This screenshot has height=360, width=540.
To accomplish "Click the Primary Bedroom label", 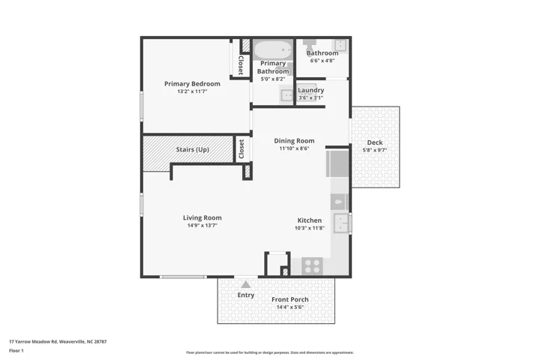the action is (x=192, y=84).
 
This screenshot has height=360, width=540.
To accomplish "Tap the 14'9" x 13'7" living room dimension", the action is (x=202, y=226).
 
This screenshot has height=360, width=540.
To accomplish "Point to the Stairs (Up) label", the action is (x=193, y=149).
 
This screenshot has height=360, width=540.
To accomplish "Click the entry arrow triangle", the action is (x=245, y=284).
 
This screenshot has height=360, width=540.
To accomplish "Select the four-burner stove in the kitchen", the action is (x=313, y=266).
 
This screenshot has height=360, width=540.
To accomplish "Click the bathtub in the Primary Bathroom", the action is (x=273, y=50).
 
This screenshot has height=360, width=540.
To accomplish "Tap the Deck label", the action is (x=375, y=142).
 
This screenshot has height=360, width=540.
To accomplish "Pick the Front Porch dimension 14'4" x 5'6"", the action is (x=290, y=307).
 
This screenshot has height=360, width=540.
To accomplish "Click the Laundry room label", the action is (x=311, y=90).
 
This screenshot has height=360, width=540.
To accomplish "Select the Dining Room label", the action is (x=294, y=141).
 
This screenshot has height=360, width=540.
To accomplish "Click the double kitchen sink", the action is (x=341, y=223).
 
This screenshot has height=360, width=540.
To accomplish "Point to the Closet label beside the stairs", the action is (x=241, y=148).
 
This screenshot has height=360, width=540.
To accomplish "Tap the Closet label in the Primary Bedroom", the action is (x=241, y=65).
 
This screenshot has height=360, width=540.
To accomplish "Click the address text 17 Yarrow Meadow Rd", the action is (x=34, y=342).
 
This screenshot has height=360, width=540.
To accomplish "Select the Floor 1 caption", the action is (x=16, y=351).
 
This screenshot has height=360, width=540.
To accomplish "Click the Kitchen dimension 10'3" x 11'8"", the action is (x=310, y=228).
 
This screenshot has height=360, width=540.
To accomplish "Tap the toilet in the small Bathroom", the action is (x=309, y=44).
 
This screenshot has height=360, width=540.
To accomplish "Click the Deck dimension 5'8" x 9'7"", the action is (x=375, y=150).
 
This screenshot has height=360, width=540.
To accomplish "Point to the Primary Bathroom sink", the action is (x=286, y=94).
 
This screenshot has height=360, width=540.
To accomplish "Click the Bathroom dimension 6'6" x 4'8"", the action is (x=322, y=61).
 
